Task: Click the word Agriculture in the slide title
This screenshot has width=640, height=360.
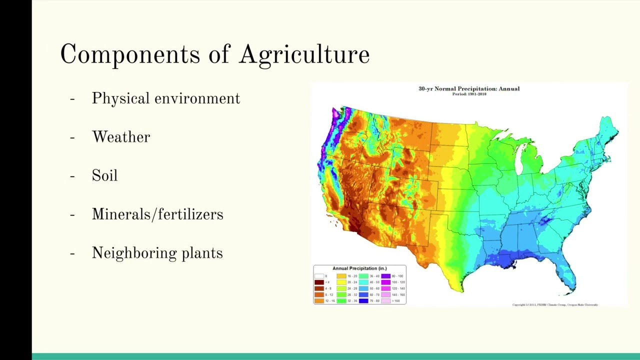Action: [304, 54]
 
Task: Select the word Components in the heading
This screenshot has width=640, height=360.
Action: [130, 54]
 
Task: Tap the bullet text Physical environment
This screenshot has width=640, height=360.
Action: [165, 98]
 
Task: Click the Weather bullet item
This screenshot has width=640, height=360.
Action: [121, 137]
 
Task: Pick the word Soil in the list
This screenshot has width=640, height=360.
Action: [104, 175]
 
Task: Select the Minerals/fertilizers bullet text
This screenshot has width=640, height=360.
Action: [157, 214]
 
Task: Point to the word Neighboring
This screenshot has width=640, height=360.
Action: [134, 253]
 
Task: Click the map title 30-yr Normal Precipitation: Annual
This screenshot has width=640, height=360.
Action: [468, 88]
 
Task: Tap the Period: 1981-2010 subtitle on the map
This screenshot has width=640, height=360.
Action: [468, 94]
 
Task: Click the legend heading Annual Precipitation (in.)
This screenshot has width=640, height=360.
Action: [359, 268]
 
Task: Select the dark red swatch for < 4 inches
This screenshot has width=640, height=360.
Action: [319, 282]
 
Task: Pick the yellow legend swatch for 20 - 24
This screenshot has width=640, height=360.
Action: [341, 282]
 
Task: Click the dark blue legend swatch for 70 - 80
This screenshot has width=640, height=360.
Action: [363, 301]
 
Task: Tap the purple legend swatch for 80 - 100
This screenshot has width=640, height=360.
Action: [385, 276]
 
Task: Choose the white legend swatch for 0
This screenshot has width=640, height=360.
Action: [319, 276]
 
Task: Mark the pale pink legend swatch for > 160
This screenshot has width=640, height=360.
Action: [385, 301]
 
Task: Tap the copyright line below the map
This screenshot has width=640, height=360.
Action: [555, 304]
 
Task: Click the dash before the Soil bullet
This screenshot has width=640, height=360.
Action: [72, 176]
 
